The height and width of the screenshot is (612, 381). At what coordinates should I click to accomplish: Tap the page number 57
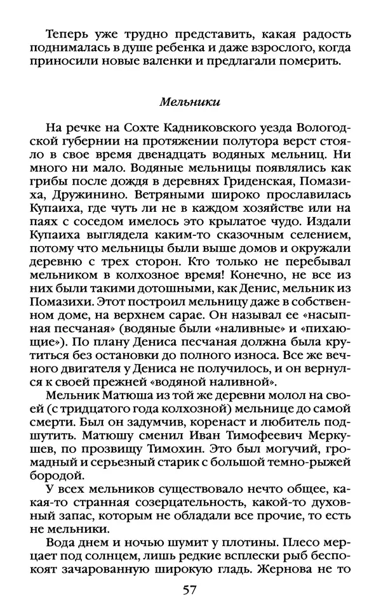[189, 590]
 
